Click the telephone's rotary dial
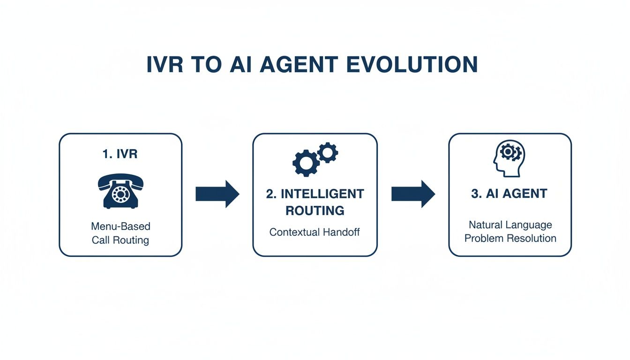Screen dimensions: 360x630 [121, 194]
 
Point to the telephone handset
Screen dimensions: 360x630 [120, 180]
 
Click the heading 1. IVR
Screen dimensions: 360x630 [120, 154]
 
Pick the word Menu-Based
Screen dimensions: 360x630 [120, 226]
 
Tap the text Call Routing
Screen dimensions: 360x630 [120, 240]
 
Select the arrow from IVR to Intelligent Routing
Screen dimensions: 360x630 [217, 194]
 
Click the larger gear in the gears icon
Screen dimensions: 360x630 [306, 163]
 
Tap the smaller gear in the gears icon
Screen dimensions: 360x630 [328, 153]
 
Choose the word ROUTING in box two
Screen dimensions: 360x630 [315, 210]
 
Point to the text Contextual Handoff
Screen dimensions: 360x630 [315, 232]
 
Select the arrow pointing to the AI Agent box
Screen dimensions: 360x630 [413, 194]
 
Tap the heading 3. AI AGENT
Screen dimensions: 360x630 [509, 194]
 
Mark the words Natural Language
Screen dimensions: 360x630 [510, 225]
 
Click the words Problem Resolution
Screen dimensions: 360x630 [510, 238]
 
